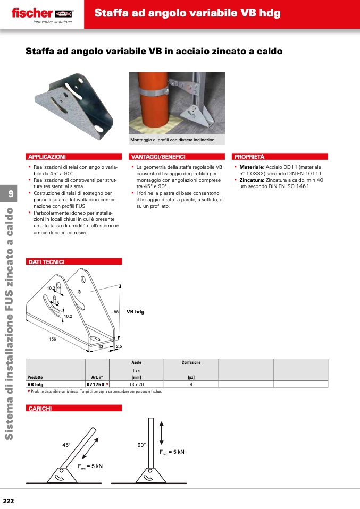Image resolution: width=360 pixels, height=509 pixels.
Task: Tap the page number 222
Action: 8,501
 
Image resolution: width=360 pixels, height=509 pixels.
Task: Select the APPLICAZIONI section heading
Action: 47,157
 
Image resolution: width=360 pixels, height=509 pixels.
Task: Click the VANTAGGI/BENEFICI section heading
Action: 158,157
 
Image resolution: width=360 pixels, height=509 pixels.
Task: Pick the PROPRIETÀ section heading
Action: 249,157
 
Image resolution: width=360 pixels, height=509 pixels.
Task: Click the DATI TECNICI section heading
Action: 46,261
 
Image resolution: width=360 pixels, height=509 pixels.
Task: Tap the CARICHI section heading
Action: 39,408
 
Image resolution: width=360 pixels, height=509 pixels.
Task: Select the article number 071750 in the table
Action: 95,384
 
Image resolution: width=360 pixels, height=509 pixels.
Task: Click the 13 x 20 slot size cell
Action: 136,384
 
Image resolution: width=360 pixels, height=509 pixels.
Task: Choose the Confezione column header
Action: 191,362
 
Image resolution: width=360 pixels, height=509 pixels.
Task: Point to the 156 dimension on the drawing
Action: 53,339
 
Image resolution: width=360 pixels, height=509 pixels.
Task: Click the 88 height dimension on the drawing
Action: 115,311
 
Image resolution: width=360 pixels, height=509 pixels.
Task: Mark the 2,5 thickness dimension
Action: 119,347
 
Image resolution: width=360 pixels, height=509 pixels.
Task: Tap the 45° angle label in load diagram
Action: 66,445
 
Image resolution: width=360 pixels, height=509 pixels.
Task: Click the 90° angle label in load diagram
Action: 141,445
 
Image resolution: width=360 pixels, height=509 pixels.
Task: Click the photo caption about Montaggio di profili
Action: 173,140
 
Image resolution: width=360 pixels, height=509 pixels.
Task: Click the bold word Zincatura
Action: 249,180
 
